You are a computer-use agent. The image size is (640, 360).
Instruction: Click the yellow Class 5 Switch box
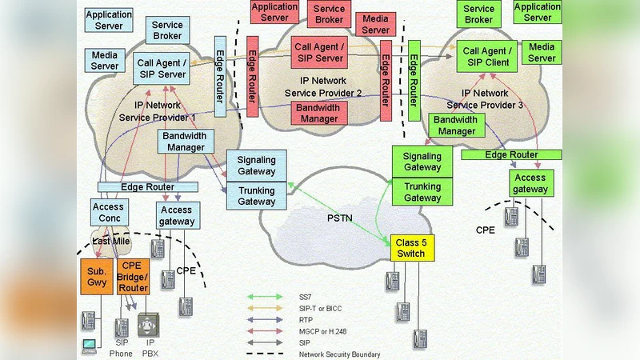coord(411,248)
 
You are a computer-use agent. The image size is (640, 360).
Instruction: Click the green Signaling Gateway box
coord(422,162)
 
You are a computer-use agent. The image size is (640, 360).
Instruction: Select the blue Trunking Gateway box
coord(256,196)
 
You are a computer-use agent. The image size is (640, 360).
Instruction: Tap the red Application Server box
coord(274,12)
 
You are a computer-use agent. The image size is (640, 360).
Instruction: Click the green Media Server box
coord(542,53)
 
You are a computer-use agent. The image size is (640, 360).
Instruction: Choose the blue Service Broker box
coord(167,30)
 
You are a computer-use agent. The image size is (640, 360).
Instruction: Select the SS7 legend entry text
coord(305,297)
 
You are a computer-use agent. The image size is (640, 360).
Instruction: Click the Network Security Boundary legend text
coord(339,354)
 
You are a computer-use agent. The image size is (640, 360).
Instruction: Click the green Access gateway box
coord(530,184)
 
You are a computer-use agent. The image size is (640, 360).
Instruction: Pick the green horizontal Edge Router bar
coord(511,154)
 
